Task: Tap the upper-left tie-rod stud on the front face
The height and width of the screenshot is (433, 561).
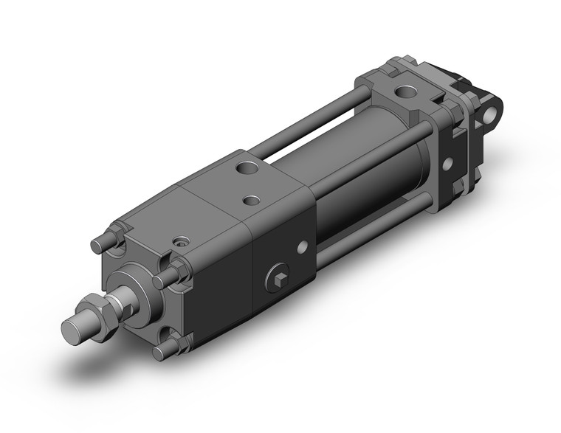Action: click(99, 243)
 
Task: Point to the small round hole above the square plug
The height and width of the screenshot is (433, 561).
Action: click(301, 249)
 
